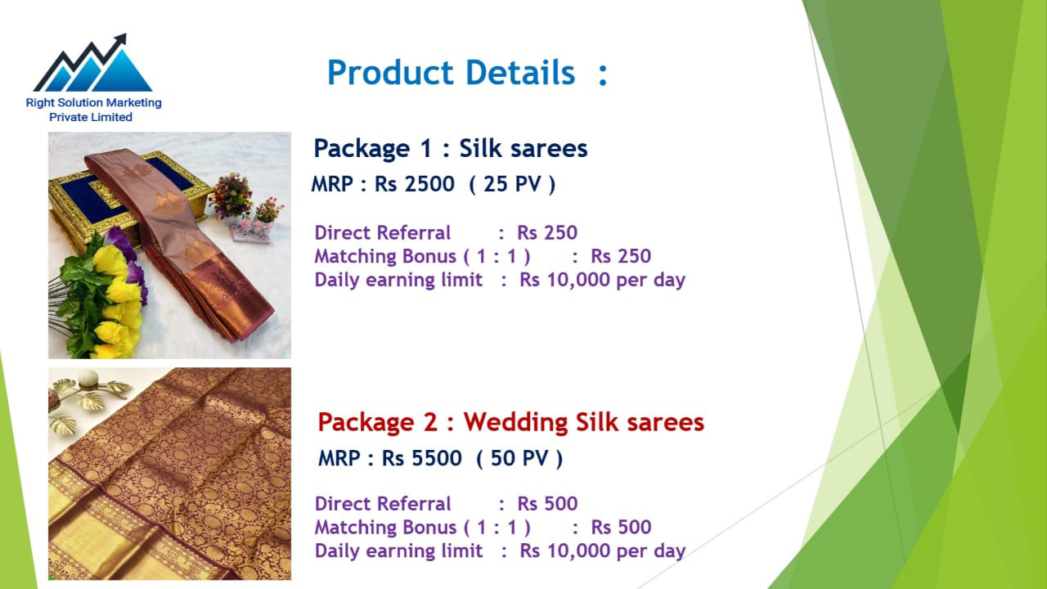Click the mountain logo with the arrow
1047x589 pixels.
tap(93, 63)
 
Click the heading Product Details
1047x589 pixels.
tap(451, 73)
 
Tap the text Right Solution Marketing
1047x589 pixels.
tap(93, 102)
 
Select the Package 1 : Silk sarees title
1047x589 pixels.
tap(450, 149)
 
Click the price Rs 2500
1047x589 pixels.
tap(414, 184)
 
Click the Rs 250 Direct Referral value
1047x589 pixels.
tap(547, 232)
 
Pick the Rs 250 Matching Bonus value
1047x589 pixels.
tap(621, 256)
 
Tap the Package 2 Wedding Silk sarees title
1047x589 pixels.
tap(511, 422)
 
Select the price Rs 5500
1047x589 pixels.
tap(421, 458)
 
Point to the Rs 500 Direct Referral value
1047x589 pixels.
tap(547, 503)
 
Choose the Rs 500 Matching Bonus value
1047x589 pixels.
tap(621, 527)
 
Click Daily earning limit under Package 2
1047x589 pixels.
tap(398, 551)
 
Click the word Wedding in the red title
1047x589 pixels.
tap(515, 422)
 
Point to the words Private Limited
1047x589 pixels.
tap(91, 117)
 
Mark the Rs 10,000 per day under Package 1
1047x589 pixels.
tap(602, 280)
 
